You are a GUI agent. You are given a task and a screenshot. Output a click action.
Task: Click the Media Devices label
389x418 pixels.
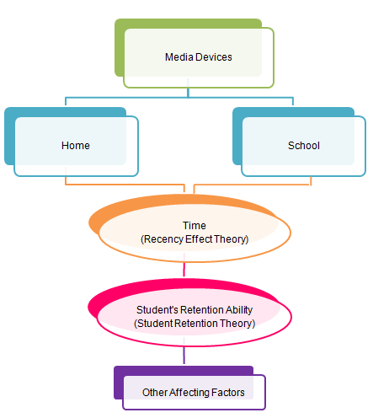tap(198, 57)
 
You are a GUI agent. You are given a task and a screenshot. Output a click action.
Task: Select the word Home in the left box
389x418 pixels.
tap(76, 145)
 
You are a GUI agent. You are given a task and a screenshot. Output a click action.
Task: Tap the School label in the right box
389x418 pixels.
tap(303, 145)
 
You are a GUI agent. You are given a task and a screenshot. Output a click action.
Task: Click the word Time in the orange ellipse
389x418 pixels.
tap(194, 226)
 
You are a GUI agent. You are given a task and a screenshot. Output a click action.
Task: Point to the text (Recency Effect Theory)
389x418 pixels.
tap(194, 238)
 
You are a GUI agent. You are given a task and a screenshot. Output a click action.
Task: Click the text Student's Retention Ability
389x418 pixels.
tap(194, 309)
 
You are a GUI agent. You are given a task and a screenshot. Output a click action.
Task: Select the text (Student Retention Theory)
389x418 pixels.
tap(194, 322)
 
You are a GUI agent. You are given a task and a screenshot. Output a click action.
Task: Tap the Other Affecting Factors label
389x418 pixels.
tap(194, 392)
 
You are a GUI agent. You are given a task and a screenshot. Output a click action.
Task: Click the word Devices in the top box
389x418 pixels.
tap(216, 57)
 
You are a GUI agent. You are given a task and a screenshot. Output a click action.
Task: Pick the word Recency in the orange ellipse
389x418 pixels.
tap(161, 238)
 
